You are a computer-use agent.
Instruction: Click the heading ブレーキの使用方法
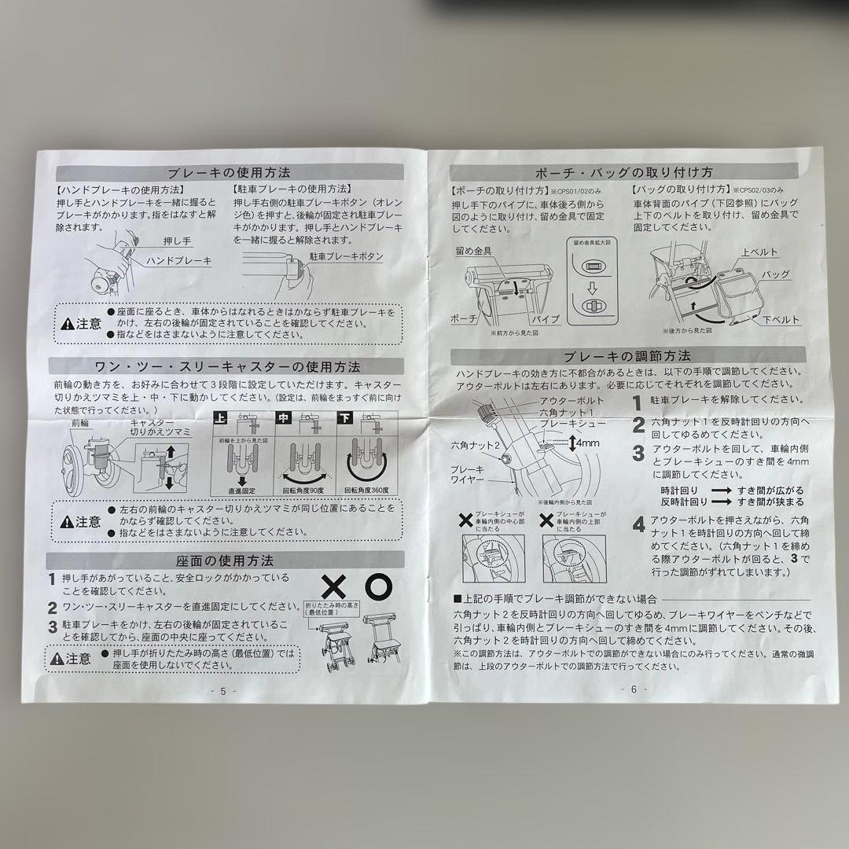228,172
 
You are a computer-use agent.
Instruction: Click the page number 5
222,691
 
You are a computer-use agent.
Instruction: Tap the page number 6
634,689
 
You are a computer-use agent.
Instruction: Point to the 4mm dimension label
586,443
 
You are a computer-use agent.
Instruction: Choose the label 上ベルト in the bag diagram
759,252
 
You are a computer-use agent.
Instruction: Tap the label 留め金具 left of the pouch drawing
472,251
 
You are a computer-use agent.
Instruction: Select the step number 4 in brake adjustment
639,524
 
